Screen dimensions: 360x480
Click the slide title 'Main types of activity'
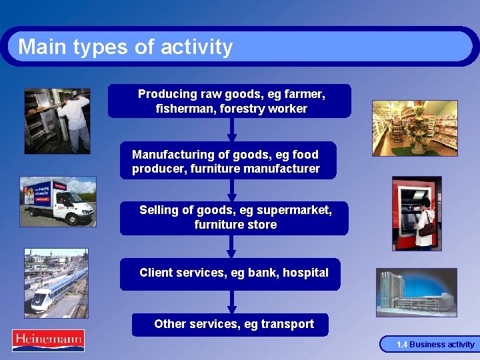pos(125,47)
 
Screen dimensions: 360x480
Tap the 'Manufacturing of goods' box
pos(228,161)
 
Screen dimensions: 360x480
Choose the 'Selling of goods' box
pos(234,218)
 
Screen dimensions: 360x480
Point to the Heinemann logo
pos(48,341)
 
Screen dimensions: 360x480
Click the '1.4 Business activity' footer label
pos(435,345)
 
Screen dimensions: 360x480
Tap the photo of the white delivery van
pos(57,201)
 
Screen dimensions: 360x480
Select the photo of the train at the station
pos(56,283)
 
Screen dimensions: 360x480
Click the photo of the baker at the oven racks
pos(57,121)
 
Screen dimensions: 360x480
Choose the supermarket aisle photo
pos(415,128)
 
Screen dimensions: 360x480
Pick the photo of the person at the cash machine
pos(416,213)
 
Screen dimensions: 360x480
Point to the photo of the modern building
pos(416,292)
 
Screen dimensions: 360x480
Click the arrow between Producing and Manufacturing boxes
pos(230,131)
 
